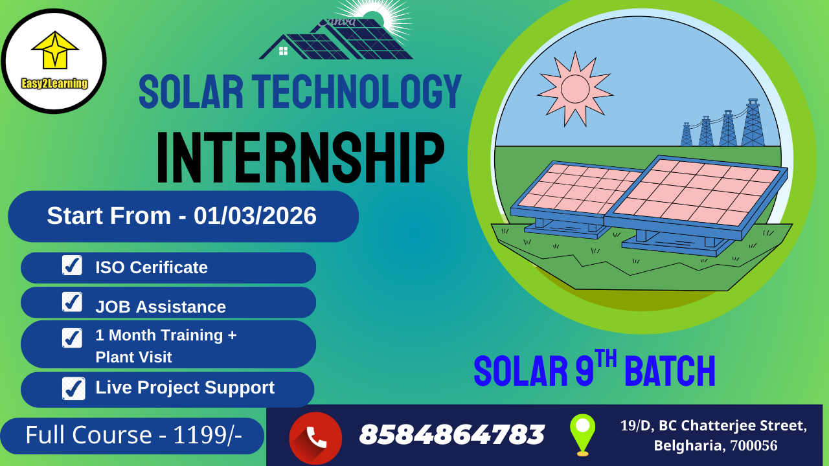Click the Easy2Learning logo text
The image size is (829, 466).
click(x=54, y=83)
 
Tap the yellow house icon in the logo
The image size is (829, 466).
click(x=55, y=50)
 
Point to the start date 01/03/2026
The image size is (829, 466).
click(x=255, y=216)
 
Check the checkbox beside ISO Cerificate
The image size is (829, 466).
click(x=72, y=265)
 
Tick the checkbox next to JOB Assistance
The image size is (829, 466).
click(x=72, y=302)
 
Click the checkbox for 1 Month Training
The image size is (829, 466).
click(x=72, y=338)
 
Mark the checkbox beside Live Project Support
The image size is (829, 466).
click(x=73, y=388)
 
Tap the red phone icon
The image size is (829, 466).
click(x=315, y=438)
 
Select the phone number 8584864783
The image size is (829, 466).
click(x=451, y=435)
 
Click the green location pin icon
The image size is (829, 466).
click(x=582, y=433)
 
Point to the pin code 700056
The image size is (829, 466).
click(x=754, y=446)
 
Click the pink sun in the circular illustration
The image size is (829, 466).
click(x=574, y=89)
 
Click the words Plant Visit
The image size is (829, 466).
click(x=133, y=357)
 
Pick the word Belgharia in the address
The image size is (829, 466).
click(x=689, y=446)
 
